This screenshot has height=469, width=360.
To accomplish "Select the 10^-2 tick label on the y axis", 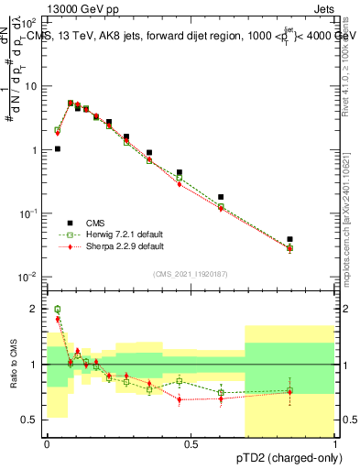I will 29,277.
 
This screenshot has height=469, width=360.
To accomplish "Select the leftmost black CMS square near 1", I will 58,148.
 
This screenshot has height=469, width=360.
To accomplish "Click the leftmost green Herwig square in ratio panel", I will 58,310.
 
